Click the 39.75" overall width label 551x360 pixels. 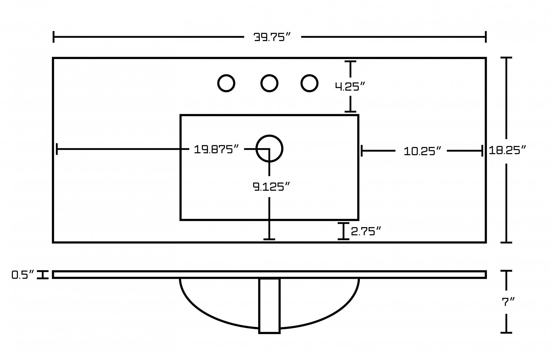pyautogui.click(x=272, y=37)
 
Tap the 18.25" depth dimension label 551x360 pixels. pyautogui.click(x=507, y=151)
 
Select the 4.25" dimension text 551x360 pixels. pyautogui.click(x=350, y=87)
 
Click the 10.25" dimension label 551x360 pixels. pyautogui.click(x=422, y=151)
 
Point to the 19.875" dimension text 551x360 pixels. pyautogui.click(x=216, y=149)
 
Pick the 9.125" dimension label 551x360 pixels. pyautogui.click(x=271, y=187)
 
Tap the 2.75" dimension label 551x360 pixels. pyautogui.click(x=366, y=231)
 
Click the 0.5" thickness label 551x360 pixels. pyautogui.click(x=23, y=275)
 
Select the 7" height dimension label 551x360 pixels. pyautogui.click(x=508, y=302)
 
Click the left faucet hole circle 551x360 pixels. pyautogui.click(x=226, y=83)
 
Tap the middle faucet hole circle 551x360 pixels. pyautogui.click(x=269, y=83)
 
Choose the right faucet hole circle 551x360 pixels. pyautogui.click(x=309, y=83)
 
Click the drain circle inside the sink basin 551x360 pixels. pyautogui.click(x=269, y=149)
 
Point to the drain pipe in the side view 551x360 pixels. pyautogui.click(x=269, y=306)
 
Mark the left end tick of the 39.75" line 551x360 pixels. pyautogui.click(x=53, y=37)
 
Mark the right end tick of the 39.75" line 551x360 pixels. pyautogui.click(x=486, y=37)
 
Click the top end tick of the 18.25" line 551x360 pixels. pyautogui.click(x=506, y=58)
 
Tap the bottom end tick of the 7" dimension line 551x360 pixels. pyautogui.click(x=506, y=333)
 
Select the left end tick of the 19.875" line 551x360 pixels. pyautogui.click(x=57, y=149)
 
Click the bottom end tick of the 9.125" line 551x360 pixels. pyautogui.click(x=269, y=239)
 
